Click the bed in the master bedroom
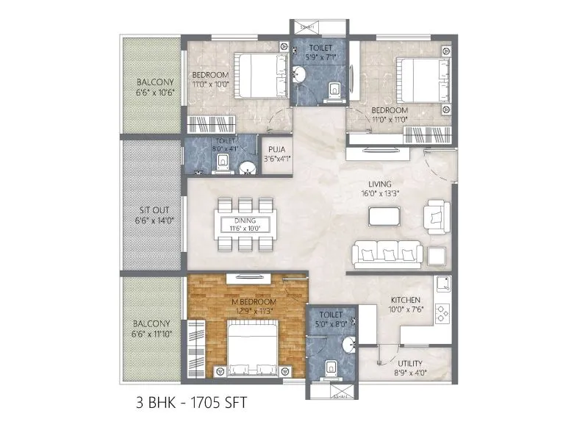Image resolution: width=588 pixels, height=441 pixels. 253,351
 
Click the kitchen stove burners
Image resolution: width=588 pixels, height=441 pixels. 442,314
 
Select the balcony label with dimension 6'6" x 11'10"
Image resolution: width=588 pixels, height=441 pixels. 152,329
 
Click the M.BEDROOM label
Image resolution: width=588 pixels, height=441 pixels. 253,303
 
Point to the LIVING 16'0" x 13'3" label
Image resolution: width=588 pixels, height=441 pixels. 381,189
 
